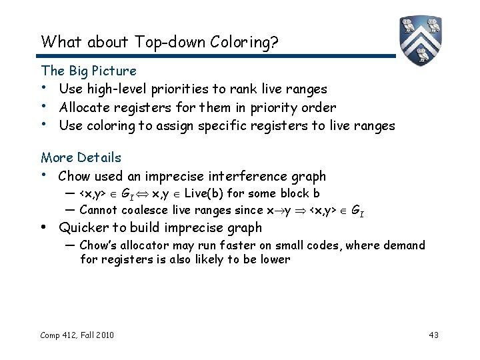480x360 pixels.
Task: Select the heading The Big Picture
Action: (x=89, y=71)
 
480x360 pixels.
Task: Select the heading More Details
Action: (x=81, y=157)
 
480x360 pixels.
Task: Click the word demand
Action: (x=401, y=245)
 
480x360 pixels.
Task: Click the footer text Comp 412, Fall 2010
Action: (x=76, y=334)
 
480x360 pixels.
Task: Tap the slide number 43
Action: (x=433, y=334)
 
